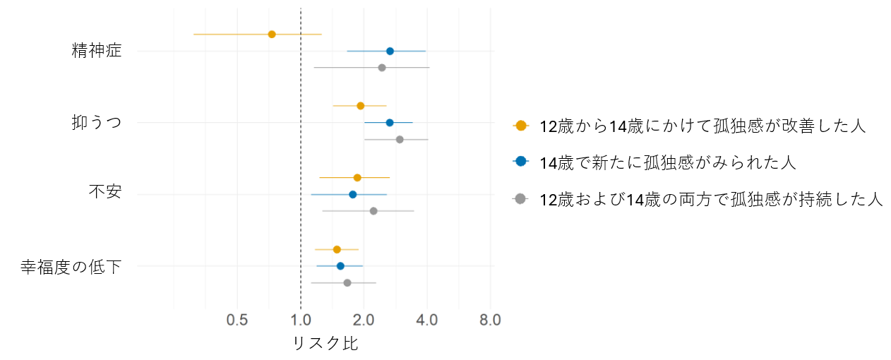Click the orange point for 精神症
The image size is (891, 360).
click(x=272, y=34)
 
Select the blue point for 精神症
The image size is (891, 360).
click(x=390, y=51)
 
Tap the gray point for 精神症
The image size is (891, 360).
click(x=382, y=68)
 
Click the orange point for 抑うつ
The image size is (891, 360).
click(x=360, y=106)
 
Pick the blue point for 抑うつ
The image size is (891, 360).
click(x=390, y=123)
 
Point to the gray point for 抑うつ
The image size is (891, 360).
click(x=400, y=140)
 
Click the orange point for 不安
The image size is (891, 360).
click(x=357, y=178)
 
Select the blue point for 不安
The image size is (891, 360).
click(x=353, y=194)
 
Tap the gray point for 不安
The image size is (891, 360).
click(x=373, y=211)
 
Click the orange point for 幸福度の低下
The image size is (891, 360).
click(x=337, y=249)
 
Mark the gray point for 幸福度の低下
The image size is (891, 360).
click(x=347, y=283)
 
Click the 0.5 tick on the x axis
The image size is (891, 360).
click(x=237, y=320)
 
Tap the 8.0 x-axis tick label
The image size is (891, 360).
click(x=490, y=320)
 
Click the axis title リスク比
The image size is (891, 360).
click(x=325, y=344)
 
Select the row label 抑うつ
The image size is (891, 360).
click(x=97, y=123)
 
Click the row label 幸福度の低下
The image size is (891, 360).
click(x=71, y=267)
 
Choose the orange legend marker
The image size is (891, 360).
click(x=521, y=126)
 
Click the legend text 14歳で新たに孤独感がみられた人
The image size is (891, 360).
click(x=667, y=162)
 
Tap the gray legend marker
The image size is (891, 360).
click(x=521, y=199)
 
